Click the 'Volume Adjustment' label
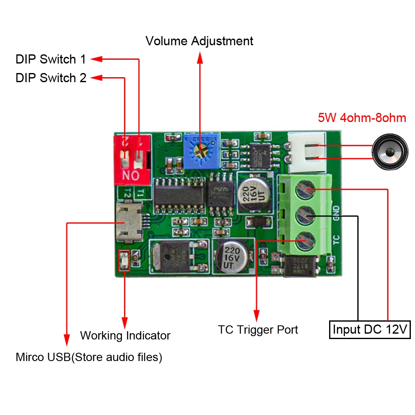point(199,41)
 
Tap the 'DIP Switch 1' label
point(51,59)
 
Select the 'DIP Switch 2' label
point(51,78)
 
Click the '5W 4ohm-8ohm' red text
point(362,118)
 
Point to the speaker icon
point(390,152)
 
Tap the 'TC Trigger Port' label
point(258,330)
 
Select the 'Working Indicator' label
point(125,335)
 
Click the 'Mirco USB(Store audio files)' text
point(89,357)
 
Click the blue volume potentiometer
point(201,151)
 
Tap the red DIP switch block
point(132,159)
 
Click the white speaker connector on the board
point(307,152)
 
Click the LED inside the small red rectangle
point(124,261)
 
